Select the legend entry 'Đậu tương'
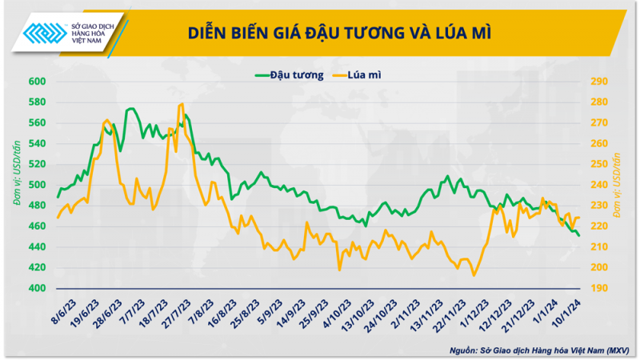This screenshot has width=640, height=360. tap(289, 75)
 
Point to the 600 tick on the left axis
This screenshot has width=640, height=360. tap(38, 82)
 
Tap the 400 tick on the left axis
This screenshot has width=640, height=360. tap(38, 288)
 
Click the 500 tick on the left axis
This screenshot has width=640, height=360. tap(38, 185)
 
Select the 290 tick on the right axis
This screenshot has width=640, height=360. tap(600, 82)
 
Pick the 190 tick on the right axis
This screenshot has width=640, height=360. tap(600, 288)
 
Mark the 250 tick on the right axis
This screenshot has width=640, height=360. tap(600, 164)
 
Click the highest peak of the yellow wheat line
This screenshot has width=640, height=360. tap(182, 104)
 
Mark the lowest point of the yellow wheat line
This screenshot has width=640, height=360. tap(474, 276)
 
